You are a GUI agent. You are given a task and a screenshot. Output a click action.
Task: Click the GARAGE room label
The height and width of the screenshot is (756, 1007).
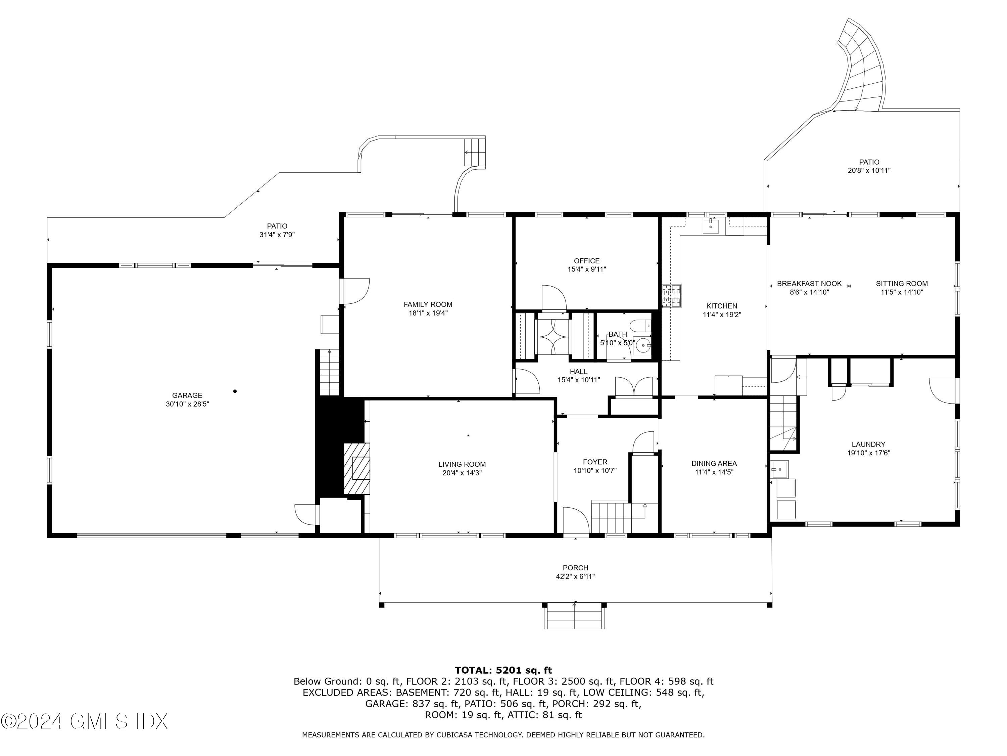tap(187, 395)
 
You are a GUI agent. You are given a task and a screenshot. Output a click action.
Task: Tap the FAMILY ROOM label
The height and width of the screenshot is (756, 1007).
tap(428, 304)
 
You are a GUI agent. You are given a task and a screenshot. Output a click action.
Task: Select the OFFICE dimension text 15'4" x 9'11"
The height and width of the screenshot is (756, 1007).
tap(587, 269)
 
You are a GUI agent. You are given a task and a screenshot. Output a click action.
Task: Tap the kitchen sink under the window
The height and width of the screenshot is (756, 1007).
tap(710, 226)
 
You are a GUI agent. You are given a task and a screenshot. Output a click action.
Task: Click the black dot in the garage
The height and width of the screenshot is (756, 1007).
tap(235, 391)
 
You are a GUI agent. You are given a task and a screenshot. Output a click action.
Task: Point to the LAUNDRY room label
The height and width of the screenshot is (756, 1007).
tap(869, 444)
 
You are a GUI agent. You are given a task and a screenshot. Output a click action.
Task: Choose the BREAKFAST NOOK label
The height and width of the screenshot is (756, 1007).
tap(809, 284)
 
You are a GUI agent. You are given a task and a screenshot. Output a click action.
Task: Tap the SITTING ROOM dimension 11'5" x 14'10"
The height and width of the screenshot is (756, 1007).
tap(902, 292)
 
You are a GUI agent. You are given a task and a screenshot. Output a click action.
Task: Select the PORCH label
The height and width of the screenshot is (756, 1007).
tap(575, 568)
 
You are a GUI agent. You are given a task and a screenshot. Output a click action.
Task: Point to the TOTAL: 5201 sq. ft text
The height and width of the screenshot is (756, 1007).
tap(503, 670)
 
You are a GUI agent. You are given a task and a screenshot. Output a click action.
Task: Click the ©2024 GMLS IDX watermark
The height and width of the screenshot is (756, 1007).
tap(84, 721)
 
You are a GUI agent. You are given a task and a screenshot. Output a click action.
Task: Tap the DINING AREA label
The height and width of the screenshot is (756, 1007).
tap(714, 463)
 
